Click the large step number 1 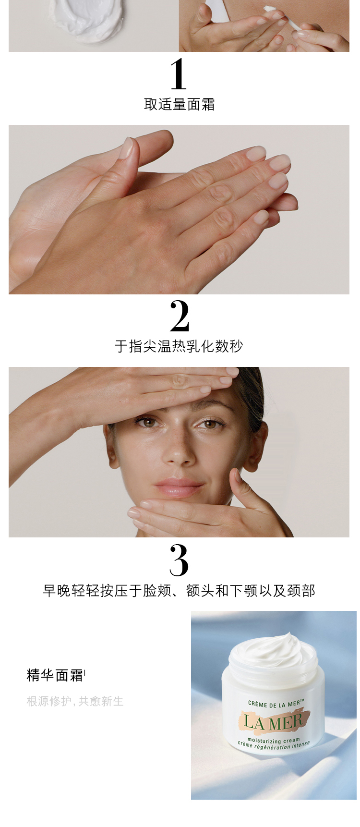[x=179, y=74]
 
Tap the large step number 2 [x=180, y=316]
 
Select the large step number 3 [x=179, y=560]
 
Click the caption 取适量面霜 [x=180, y=104]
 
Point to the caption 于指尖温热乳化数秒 [x=179, y=346]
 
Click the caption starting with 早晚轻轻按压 [x=179, y=591]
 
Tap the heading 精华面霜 [x=56, y=675]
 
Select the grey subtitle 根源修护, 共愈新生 [x=75, y=701]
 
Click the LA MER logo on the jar [x=273, y=721]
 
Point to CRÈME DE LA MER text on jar [x=276, y=704]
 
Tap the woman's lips [x=178, y=488]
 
